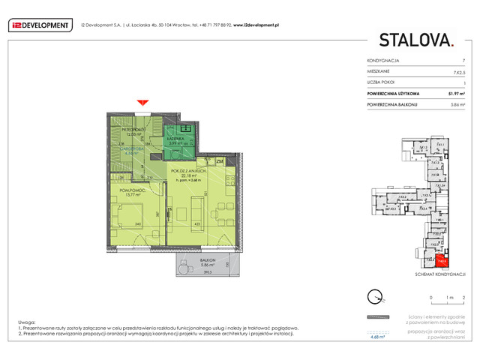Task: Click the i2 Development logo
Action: [40, 24]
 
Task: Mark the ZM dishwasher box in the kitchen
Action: [220, 160]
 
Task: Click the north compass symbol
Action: [373, 295]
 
